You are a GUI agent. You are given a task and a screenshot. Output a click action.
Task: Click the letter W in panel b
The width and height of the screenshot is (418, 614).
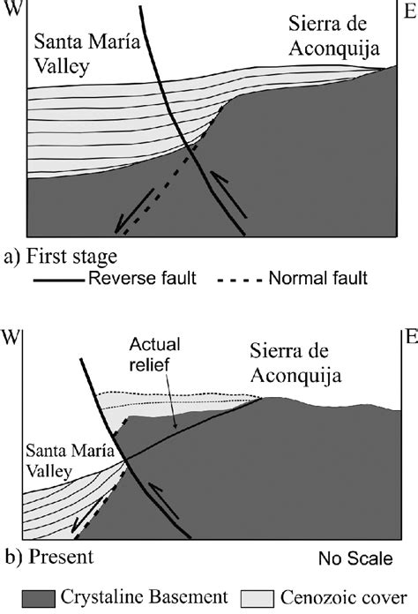coord(11,336)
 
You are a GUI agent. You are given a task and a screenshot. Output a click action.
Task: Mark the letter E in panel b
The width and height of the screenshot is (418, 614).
coord(408,334)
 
